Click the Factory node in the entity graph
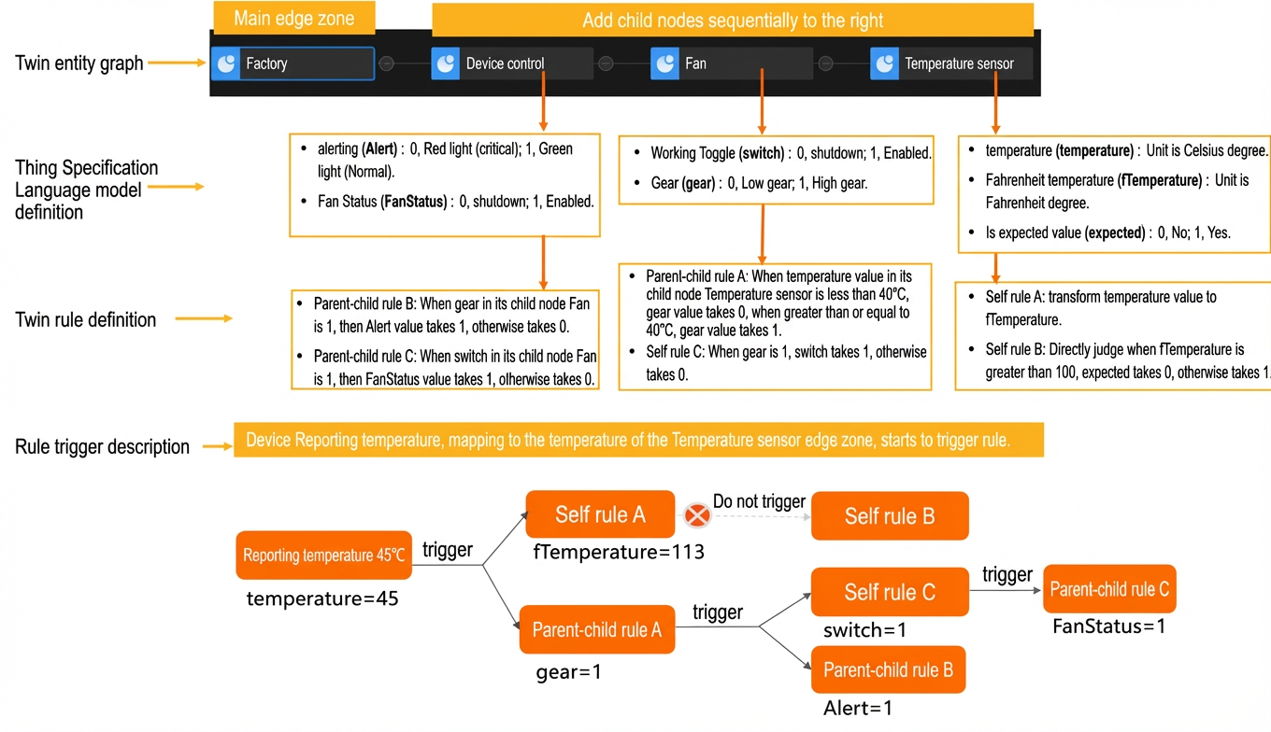293,63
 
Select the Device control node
512,63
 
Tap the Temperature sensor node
951,63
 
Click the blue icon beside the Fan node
664,63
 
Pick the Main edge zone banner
293,18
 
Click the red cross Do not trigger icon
697,515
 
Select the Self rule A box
600,514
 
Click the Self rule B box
890,516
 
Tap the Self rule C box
890,592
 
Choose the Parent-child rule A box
597,629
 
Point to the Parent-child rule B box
888,669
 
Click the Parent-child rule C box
1109,589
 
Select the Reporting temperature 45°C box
324,556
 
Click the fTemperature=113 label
619,552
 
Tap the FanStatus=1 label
1109,626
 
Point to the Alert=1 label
858,708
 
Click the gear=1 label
568,672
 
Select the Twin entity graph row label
79,63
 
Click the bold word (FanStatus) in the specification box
414,202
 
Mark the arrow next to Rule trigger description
218,447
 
